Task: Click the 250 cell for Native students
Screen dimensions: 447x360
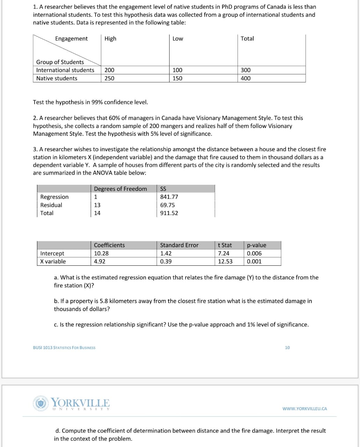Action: pos(109,78)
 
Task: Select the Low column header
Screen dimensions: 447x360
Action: pos(178,39)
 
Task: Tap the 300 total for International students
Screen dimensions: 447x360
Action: pos(246,70)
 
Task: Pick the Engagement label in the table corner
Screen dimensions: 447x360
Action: pos(72,39)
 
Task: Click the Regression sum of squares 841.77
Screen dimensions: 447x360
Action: pos(169,197)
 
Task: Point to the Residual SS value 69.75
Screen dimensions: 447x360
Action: pos(167,205)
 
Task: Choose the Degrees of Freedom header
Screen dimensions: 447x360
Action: pos(120,189)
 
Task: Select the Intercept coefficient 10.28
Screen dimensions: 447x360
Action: pos(101,254)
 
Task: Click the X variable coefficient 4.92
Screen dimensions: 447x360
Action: pos(100,262)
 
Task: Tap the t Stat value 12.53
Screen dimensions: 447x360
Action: pos(225,262)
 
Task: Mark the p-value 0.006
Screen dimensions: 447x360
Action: pos(254,254)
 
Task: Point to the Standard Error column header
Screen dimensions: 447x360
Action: pos(179,245)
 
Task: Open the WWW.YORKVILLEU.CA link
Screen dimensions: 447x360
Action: pos(305,409)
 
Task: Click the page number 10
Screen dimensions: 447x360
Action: pos(287,347)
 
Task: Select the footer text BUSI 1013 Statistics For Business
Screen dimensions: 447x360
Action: pos(64,347)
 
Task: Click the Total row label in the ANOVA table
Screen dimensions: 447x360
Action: pos(47,213)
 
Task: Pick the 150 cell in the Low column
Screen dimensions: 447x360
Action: pos(177,78)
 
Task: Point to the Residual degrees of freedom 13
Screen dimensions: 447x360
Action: pos(97,205)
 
